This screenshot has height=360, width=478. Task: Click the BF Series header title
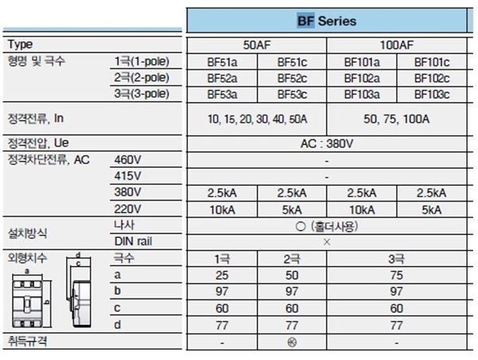click(327, 21)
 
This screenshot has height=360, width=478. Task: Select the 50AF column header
click(257, 45)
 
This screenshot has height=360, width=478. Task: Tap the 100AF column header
click(397, 45)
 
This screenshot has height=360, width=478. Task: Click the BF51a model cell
click(222, 62)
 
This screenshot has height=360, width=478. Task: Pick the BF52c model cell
click(292, 78)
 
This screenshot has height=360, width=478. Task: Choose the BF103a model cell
click(362, 95)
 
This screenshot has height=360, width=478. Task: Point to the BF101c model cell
click(432, 62)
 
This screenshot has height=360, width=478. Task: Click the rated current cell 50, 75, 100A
click(397, 119)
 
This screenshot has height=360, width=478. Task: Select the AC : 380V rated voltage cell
click(327, 143)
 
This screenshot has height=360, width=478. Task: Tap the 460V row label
click(127, 160)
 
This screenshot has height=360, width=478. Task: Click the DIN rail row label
click(133, 241)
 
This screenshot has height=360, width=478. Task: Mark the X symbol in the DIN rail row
click(327, 242)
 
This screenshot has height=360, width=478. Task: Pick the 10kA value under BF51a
click(222, 210)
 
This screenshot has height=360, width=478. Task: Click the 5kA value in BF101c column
click(432, 210)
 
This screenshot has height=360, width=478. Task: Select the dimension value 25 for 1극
click(222, 276)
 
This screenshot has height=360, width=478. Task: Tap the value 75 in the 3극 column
click(397, 276)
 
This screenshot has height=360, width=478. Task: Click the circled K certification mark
click(292, 342)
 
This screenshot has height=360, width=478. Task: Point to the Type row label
click(20, 45)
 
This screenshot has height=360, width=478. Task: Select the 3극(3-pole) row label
click(142, 93)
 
